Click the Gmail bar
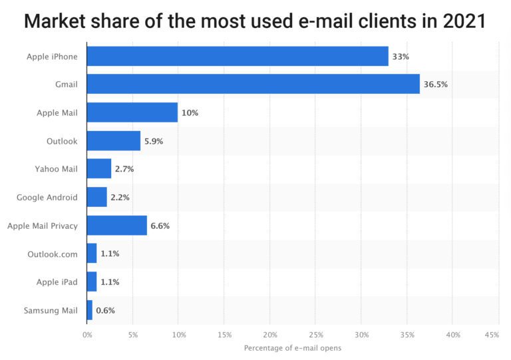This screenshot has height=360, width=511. pyautogui.click(x=253, y=85)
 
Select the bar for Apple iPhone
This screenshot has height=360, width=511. pyautogui.click(x=237, y=57)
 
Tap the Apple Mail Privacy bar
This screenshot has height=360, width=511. pyautogui.click(x=116, y=226)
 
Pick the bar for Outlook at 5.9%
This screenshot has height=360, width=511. pyautogui.click(x=113, y=141)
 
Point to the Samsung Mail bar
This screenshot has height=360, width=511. pyautogui.click(x=89, y=310)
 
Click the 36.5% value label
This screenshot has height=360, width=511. pyautogui.click(x=436, y=85)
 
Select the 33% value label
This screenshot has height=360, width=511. pyautogui.click(x=400, y=57)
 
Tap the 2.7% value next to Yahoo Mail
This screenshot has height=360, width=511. pyautogui.click(x=124, y=169)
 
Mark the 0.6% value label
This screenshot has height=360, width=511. pyautogui.click(x=105, y=310)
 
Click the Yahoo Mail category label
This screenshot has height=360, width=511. pyautogui.click(x=56, y=169)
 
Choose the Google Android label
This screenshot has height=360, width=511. pyautogui.click(x=47, y=198)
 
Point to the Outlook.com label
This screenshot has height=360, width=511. pyautogui.click(x=53, y=254)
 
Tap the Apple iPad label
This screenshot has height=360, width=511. pyautogui.click(x=57, y=282)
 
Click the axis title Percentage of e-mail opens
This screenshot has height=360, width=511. pyautogui.click(x=292, y=348)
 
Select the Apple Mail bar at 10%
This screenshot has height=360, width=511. pyautogui.click(x=132, y=112)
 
